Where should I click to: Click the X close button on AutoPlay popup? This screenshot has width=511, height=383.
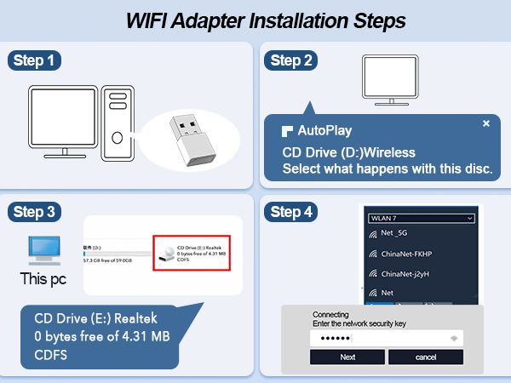click(x=486, y=123)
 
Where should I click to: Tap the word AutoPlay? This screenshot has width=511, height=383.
click(x=324, y=131)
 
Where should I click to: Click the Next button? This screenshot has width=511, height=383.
click(x=347, y=357)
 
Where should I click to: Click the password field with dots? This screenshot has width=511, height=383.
click(x=388, y=338)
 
